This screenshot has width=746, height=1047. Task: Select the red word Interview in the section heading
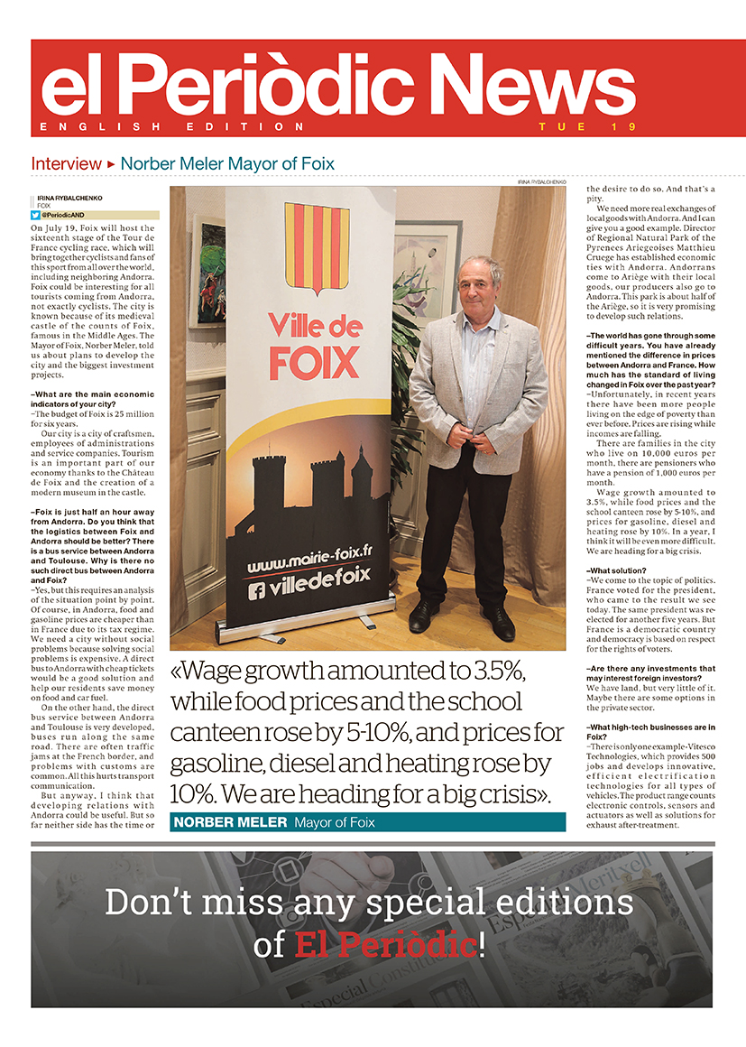pyautogui.click(x=66, y=164)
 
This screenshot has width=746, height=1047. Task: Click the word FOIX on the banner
pyautogui.click(x=314, y=364)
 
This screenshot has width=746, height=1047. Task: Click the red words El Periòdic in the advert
pyautogui.click(x=385, y=945)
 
